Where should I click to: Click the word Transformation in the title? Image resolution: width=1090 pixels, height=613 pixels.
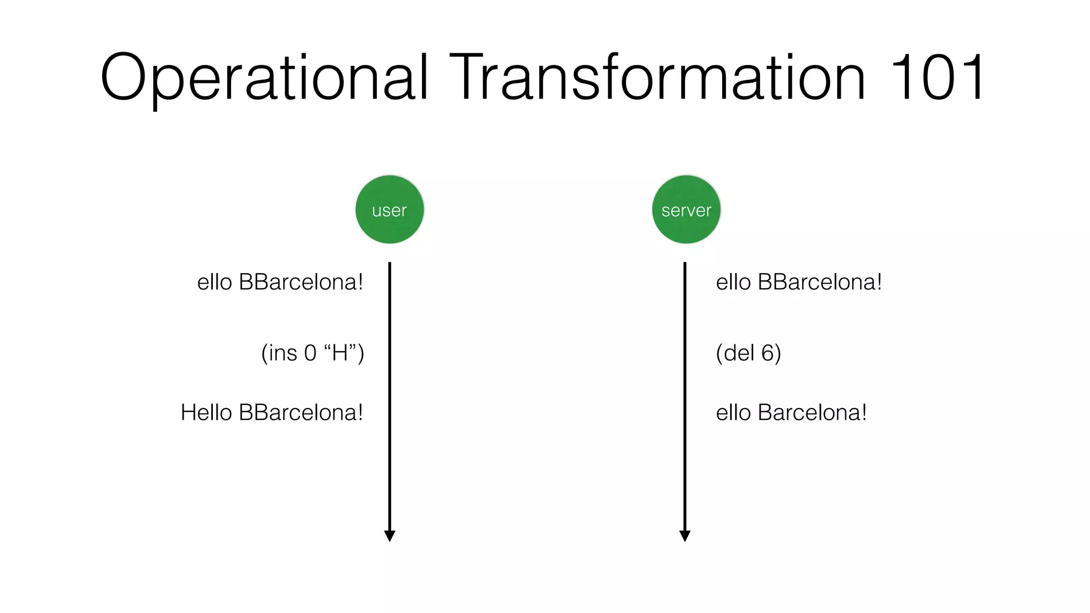coord(657,77)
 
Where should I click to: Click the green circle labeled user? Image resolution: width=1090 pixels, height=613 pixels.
coord(390,210)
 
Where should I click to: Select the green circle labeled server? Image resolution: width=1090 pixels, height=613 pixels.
coord(686,210)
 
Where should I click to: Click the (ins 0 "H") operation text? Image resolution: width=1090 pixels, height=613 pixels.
coord(312,353)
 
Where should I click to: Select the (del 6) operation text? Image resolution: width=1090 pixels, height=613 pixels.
coord(748,353)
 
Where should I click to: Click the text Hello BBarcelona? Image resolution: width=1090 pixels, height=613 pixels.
coord(272,412)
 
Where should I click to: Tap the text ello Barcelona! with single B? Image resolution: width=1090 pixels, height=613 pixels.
coord(791,412)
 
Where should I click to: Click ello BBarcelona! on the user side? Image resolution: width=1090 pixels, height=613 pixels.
coord(280,282)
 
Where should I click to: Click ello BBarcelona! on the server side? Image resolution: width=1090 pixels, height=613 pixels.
coord(799,282)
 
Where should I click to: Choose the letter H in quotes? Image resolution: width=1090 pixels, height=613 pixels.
coord(340,353)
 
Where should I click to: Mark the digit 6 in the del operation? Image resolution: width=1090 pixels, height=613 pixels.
coord(767,353)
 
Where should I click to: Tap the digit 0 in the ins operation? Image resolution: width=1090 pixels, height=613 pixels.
coord(310,353)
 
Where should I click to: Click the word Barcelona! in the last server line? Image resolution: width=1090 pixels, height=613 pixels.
coord(812,412)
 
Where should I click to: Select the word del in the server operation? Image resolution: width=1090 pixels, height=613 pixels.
coord(739,353)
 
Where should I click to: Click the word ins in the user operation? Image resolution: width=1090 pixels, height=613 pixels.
coord(283,353)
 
